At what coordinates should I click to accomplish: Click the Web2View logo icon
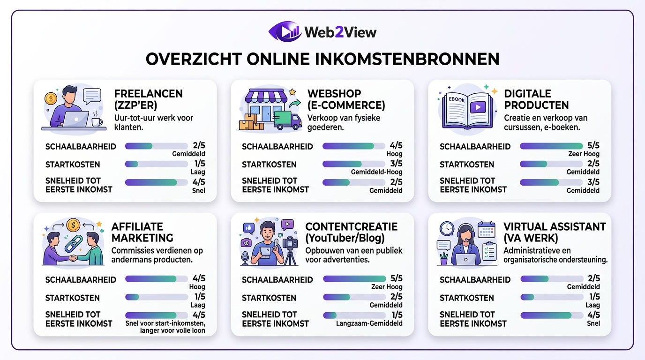(x=285, y=31)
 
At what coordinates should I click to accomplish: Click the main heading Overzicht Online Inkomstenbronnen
(x=322, y=60)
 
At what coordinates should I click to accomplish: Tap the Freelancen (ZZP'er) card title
(x=149, y=99)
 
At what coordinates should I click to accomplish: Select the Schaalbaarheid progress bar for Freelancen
(x=156, y=146)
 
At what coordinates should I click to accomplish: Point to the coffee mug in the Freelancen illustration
(x=97, y=122)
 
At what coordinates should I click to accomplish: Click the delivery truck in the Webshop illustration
(x=287, y=120)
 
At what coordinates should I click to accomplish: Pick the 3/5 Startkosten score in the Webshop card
(x=396, y=164)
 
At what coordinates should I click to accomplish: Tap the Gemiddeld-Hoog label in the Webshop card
(x=376, y=172)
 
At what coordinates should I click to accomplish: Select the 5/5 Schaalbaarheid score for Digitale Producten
(x=593, y=145)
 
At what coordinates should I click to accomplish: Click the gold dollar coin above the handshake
(x=73, y=225)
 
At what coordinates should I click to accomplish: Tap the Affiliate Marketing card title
(x=142, y=232)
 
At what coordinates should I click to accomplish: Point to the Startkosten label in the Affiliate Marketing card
(x=66, y=298)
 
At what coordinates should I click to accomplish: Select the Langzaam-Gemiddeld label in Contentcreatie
(x=369, y=323)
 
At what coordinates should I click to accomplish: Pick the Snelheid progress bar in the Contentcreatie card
(x=354, y=315)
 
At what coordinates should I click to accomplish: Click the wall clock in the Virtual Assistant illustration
(x=447, y=228)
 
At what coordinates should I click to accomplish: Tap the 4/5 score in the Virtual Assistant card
(x=593, y=315)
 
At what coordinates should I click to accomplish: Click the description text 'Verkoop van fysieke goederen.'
(x=344, y=123)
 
